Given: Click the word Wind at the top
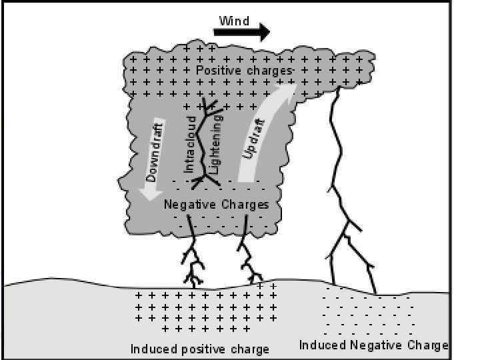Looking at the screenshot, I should pyautogui.click(x=234, y=21).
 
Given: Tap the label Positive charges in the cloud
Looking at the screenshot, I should pyautogui.click(x=245, y=70).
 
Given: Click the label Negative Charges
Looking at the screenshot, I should pyautogui.click(x=216, y=205).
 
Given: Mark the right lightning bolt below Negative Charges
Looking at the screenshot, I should pyautogui.click(x=248, y=257).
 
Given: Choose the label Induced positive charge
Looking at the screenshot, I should pyautogui.click(x=199, y=349).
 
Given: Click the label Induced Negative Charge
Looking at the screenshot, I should pyautogui.click(x=373, y=345).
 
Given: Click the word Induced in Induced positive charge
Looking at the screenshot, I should pyautogui.click(x=152, y=349).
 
